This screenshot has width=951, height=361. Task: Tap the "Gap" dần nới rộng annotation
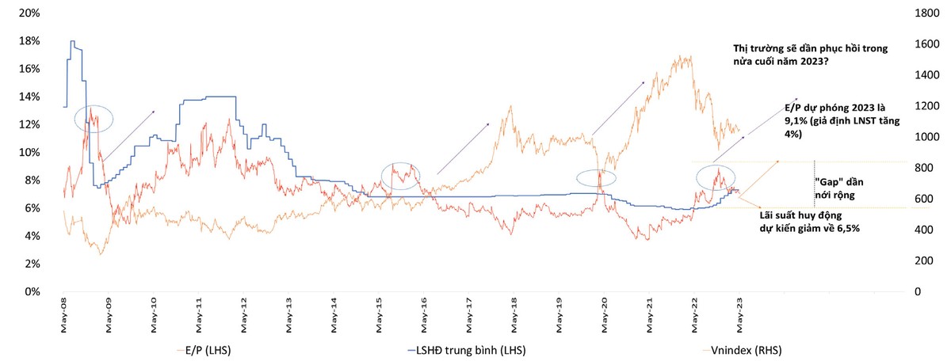[842, 187]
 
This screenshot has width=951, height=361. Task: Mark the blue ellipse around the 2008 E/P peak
[94, 120]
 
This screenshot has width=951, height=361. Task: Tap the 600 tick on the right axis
[924, 199]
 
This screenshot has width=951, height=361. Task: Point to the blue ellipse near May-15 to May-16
[399, 174]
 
